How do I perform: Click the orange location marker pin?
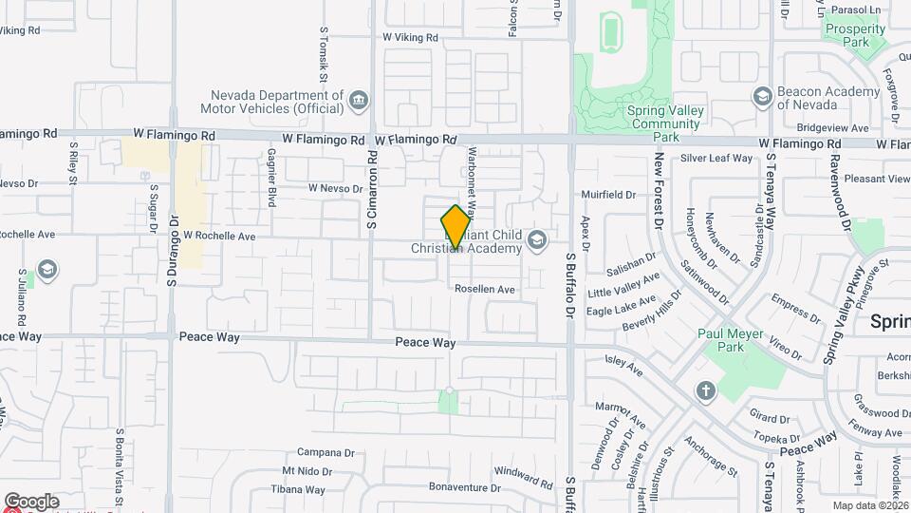point(455,227)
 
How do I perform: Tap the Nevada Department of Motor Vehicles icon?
point(359,100)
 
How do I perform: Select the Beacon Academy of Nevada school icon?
point(762,97)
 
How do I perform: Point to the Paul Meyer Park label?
point(734,340)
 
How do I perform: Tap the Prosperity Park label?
point(855,35)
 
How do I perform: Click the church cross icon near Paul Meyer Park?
point(705,390)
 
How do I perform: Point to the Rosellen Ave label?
point(484,289)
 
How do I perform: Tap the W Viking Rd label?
point(410,38)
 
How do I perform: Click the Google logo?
point(31,502)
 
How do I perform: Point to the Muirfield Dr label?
point(607,195)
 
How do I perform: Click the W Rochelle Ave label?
point(219,236)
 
